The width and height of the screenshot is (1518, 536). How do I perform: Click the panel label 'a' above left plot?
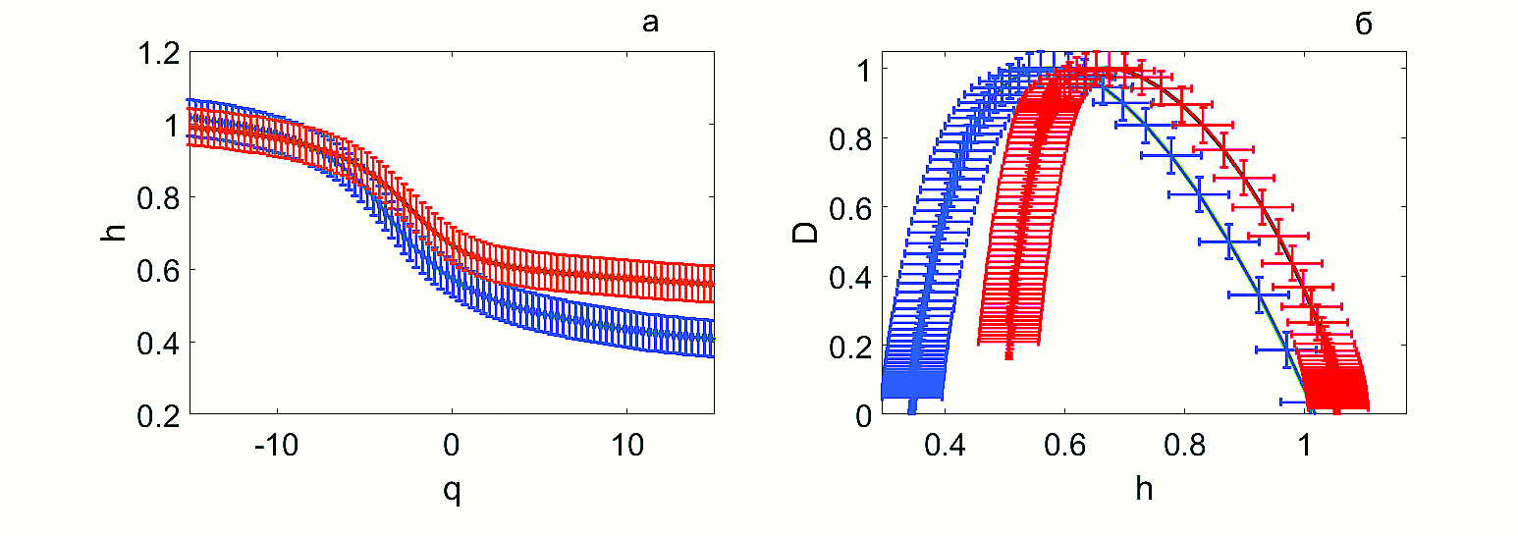pos(650,24)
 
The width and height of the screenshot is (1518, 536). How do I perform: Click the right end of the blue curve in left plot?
pos(713,339)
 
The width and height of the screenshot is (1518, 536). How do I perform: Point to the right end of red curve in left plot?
pos(713,284)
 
